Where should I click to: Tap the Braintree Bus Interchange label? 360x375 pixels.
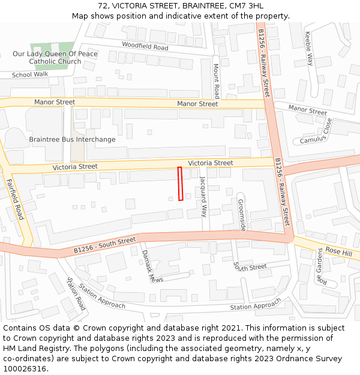point(72,140)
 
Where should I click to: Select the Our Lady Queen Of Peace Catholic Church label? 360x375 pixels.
point(55,58)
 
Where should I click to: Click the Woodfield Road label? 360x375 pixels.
point(145,46)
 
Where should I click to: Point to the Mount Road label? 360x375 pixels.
point(217,81)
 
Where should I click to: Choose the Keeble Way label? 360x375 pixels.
point(309,48)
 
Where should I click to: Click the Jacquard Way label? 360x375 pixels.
point(203,196)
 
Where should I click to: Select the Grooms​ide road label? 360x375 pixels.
point(241,215)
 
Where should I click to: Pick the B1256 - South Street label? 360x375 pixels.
point(105,245)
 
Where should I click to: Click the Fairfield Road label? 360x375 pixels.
point(15,199)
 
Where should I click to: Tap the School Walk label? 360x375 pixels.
point(30,74)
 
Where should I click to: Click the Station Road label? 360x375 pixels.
point(76,294)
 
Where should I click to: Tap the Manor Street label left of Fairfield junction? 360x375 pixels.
point(55,102)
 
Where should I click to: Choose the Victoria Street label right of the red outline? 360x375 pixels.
point(211,163)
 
